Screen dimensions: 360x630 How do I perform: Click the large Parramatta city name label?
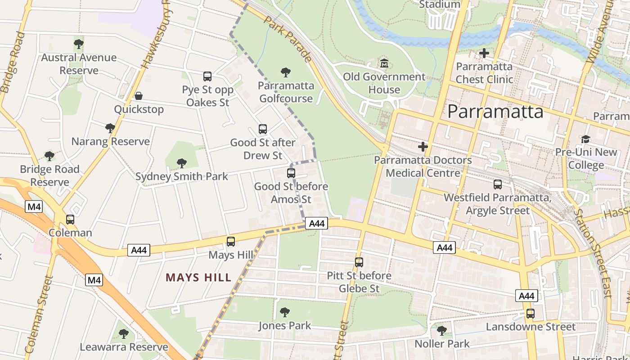(495, 111)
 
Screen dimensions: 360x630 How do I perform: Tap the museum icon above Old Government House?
(384, 63)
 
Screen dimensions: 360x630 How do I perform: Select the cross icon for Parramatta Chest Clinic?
(484, 53)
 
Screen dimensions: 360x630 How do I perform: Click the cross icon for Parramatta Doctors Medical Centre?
(423, 147)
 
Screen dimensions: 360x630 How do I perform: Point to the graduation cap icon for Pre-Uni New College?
(585, 139)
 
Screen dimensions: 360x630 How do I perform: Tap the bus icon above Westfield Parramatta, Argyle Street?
(497, 184)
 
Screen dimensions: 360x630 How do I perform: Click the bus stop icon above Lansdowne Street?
(531, 313)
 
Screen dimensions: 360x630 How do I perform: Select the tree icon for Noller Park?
(442, 330)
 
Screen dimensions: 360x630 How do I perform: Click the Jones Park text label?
(284, 325)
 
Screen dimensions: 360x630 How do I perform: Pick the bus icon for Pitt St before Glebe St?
(359, 262)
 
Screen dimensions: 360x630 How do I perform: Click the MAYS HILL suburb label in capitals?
(198, 277)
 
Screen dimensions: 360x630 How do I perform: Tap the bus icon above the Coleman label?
(70, 220)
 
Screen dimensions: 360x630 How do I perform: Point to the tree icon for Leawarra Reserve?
(124, 334)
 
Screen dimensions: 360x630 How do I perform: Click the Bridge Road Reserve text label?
(49, 175)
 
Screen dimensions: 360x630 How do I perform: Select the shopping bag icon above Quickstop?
(139, 96)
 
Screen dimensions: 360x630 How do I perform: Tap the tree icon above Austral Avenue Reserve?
(79, 44)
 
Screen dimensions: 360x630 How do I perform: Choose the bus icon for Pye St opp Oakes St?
(207, 76)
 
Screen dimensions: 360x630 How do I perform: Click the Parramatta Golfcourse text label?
(286, 92)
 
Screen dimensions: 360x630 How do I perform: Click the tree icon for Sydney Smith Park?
(182, 163)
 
